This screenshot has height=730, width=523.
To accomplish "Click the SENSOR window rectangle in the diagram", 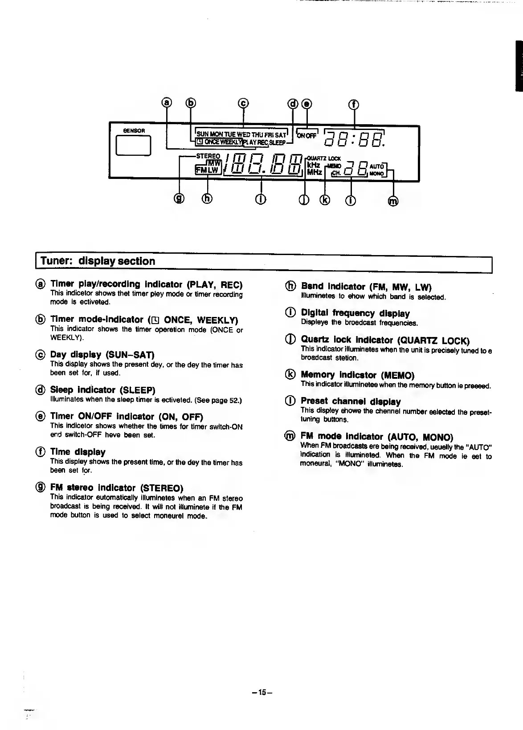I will click(133, 146).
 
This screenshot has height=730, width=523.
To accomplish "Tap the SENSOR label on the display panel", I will click(134, 131).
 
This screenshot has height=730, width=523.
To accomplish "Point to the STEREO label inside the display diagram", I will click(208, 156).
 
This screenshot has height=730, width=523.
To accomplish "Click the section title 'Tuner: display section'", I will click(98, 261).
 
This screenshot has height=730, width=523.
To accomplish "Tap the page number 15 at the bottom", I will click(261, 692).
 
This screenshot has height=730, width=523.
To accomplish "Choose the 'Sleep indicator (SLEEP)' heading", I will click(102, 390).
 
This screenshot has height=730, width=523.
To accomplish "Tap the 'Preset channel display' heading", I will click(351, 401).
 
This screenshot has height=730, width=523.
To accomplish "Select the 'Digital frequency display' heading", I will click(355, 313).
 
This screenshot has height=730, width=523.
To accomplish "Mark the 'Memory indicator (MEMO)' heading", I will click(357, 375).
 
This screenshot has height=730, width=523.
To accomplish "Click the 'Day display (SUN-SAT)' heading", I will click(102, 355).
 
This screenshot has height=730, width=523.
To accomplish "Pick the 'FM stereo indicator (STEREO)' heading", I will click(117, 487).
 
